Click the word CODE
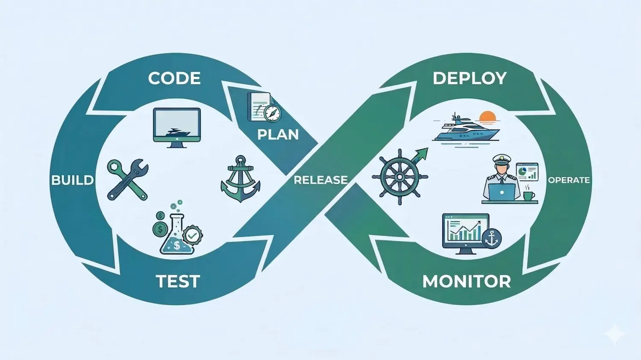[174, 78]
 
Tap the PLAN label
[278, 135]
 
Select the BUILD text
[72, 180]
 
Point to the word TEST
[178, 281]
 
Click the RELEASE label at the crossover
[320, 180]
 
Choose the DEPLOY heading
[470, 78]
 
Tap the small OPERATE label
[568, 180]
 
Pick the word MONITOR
[467, 281]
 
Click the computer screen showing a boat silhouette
[176, 125]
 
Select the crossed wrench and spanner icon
[127, 180]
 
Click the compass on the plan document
[272, 113]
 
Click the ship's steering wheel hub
[400, 177]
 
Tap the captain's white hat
[502, 159]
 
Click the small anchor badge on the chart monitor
[491, 238]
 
